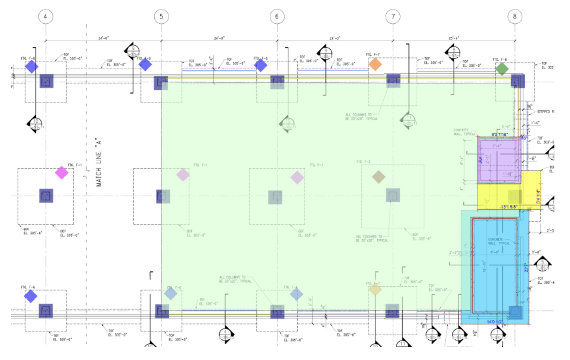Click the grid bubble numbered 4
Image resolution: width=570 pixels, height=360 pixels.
[x=45, y=17]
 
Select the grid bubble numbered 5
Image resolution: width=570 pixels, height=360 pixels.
[x=161, y=17]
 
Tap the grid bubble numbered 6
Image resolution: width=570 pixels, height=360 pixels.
[x=277, y=17]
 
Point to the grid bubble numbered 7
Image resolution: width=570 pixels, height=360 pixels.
[x=393, y=17]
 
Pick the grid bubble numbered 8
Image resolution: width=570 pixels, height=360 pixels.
[x=515, y=17]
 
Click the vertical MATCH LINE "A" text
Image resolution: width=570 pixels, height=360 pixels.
[x=98, y=162]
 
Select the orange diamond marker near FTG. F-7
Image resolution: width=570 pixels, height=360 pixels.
[x=375, y=64]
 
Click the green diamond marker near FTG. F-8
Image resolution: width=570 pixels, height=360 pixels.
[x=502, y=69]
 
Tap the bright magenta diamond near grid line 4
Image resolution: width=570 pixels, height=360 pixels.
[x=62, y=173]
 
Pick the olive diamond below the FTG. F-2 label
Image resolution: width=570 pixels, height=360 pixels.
[x=379, y=177]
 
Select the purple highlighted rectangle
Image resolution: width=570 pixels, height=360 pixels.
[x=499, y=160]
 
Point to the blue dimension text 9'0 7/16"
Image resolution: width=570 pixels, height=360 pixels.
[x=499, y=135]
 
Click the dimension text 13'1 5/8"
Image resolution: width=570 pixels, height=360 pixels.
[x=509, y=207]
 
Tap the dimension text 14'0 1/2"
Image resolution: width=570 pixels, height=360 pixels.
[x=495, y=322]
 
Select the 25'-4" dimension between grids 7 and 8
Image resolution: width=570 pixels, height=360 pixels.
[x=454, y=38]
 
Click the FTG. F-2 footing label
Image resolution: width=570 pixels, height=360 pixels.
[x=363, y=161]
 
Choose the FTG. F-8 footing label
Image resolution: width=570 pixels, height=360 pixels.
[x=499, y=60]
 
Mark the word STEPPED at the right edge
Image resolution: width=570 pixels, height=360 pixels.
[x=543, y=112]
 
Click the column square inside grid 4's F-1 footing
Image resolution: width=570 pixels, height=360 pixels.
[x=46, y=196]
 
